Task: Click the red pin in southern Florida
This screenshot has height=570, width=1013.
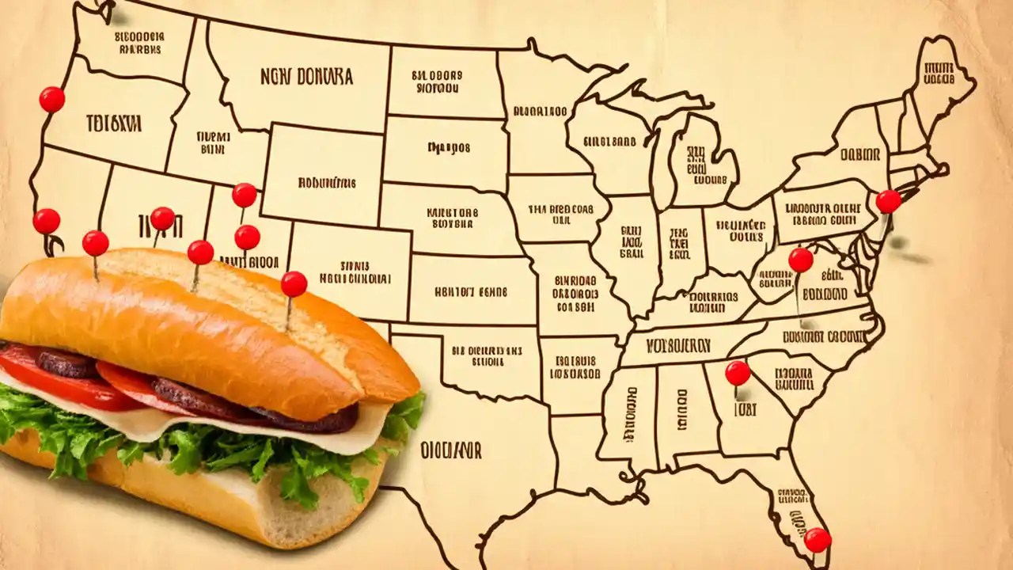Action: pyautogui.click(x=818, y=540)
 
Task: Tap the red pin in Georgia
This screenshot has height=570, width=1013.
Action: pyautogui.click(x=738, y=373)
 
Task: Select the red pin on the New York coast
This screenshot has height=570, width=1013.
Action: pyautogui.click(x=888, y=202)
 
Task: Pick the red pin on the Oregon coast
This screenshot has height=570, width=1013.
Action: pyautogui.click(x=52, y=100)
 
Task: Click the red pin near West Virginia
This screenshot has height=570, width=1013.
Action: pyautogui.click(x=801, y=260)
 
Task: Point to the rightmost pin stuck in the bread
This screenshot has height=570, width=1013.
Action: pyautogui.click(x=294, y=284)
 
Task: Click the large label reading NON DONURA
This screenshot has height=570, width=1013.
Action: pyautogui.click(x=306, y=77)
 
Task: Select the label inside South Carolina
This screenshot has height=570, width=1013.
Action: pyautogui.click(x=798, y=378)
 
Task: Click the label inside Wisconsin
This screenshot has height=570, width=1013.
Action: pyautogui.click(x=609, y=142)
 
